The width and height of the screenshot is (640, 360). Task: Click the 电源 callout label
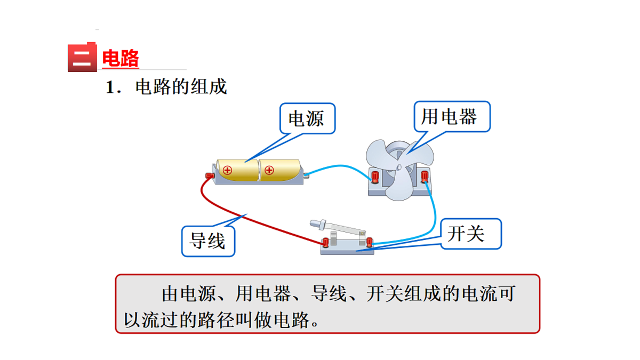(307, 118)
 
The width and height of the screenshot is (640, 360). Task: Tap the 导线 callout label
(207, 241)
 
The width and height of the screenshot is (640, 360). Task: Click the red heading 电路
(121, 59)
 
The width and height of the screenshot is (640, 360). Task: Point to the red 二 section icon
(82, 58)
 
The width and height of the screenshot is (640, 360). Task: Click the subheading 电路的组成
(181, 86)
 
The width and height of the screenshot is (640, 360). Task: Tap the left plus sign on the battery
(228, 170)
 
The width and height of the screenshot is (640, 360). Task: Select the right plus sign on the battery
(269, 170)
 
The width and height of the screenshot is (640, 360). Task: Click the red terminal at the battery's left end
(209, 175)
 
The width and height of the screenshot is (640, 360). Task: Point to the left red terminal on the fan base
(375, 176)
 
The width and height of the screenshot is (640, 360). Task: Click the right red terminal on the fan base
(425, 176)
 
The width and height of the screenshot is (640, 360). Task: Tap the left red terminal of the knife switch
(325, 243)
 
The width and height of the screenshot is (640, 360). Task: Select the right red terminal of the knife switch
(369, 243)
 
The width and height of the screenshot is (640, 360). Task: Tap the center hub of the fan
(399, 167)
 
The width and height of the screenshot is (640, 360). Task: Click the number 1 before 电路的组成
(110, 87)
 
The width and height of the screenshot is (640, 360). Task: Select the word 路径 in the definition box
(228, 319)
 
